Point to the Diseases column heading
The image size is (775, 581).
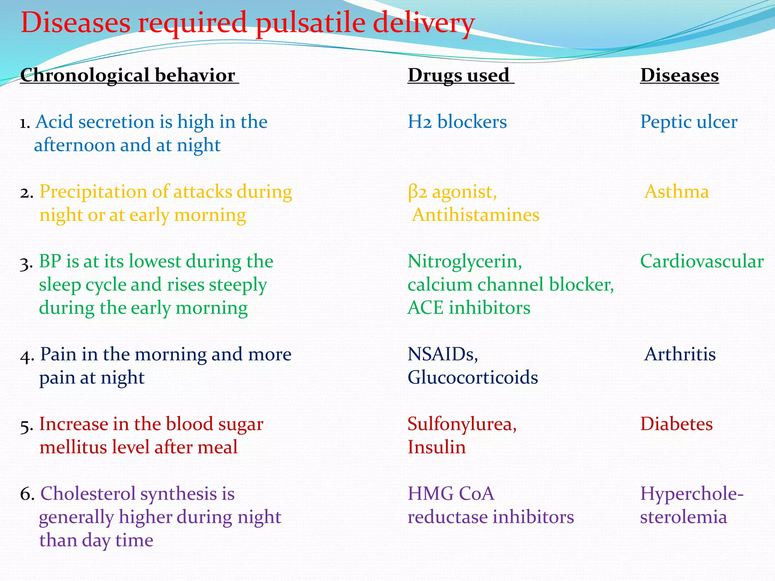679,75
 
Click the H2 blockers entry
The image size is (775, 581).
457,122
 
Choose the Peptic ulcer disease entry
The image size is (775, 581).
688,122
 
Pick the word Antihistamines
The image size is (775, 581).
476,215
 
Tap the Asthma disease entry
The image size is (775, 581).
676,192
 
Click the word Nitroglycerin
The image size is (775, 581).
464,261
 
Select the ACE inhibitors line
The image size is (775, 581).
469,308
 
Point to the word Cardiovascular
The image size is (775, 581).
702,261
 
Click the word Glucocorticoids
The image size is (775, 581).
473,377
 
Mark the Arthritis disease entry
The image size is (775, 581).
680,354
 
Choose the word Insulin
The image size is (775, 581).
436,447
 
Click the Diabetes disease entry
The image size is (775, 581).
676,424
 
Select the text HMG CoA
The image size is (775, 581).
451,494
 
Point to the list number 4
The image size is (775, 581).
26,356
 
